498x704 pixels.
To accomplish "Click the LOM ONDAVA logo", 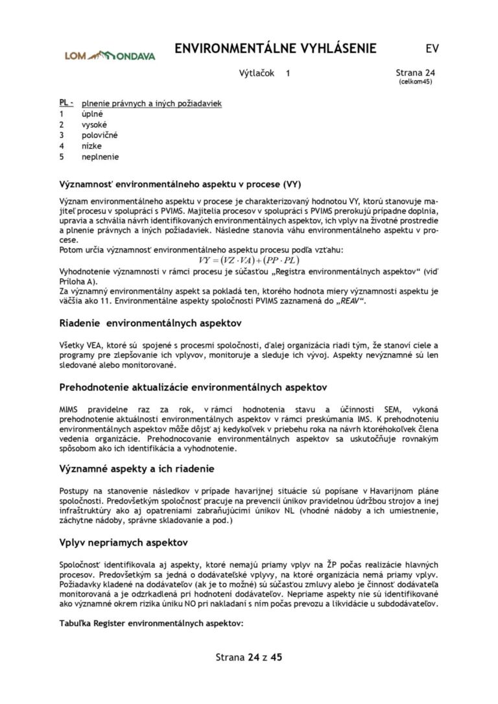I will [110, 56].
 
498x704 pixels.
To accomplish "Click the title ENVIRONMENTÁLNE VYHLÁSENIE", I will [276, 49].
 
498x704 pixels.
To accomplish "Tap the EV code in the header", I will [432, 49].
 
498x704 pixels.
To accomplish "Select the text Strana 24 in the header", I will [415, 73].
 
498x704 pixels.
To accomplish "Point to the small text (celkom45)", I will [415, 82].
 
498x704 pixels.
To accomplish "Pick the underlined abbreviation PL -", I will [66, 102].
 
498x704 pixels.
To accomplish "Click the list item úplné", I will [92, 113].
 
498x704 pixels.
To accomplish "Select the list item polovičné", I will [99, 135].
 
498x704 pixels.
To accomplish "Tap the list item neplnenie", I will [100, 156].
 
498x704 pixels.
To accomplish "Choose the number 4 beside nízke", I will [62, 146].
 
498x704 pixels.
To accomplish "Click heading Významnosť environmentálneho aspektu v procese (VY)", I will [180, 183].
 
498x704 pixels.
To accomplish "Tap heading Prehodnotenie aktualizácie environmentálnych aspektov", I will [193, 387].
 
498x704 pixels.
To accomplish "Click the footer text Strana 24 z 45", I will [249, 657].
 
